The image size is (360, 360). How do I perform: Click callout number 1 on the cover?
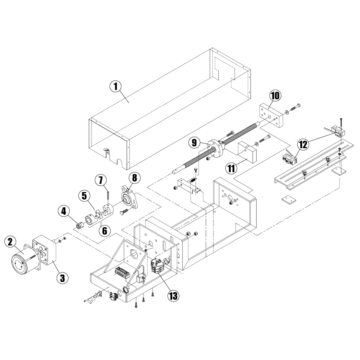click(x=115, y=86)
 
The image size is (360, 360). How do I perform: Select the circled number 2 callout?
click(x=10, y=242)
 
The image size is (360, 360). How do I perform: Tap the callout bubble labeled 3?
click(x=62, y=277)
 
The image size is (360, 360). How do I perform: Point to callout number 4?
click(x=64, y=211)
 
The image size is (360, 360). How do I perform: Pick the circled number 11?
click(x=231, y=168)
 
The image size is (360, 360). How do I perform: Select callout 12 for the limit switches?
click(x=303, y=145)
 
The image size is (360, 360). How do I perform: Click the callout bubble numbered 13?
click(x=173, y=295)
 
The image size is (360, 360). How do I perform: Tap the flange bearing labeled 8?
click(x=128, y=198)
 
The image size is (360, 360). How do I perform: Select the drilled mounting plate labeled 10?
click(x=270, y=115)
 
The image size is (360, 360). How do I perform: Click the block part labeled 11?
click(x=247, y=152)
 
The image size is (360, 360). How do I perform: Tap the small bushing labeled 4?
click(x=80, y=225)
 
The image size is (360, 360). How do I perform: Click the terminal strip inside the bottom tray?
click(x=122, y=272)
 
